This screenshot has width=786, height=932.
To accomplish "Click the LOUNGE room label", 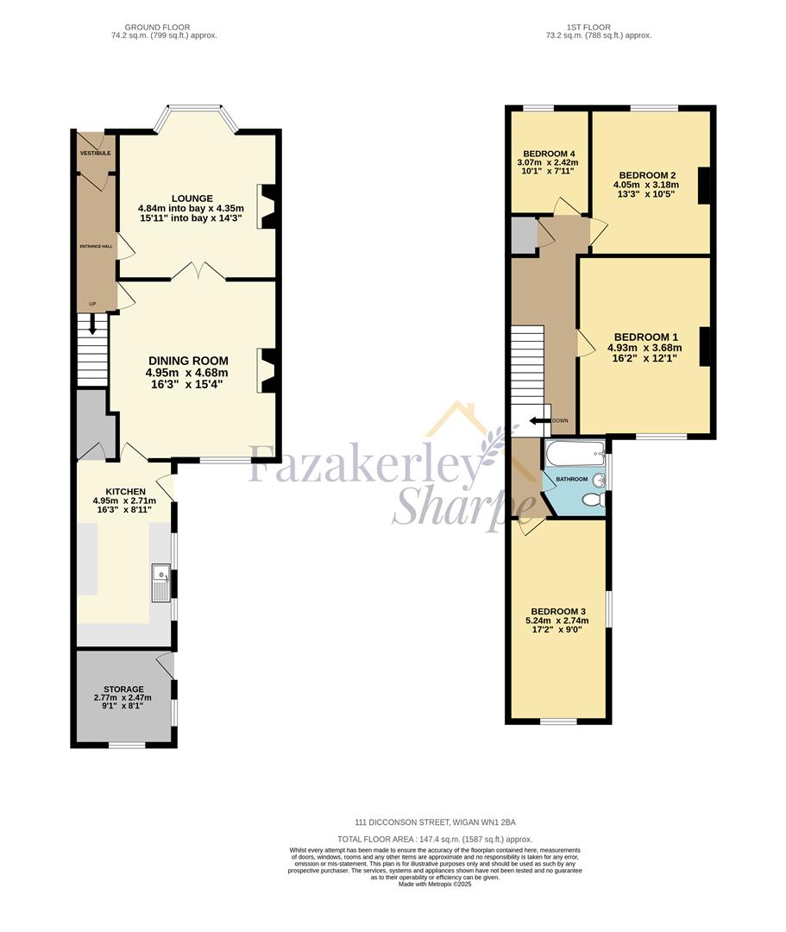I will [x=191, y=198].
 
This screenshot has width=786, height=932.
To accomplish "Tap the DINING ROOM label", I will [x=188, y=361].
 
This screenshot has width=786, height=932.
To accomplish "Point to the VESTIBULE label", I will [x=96, y=153].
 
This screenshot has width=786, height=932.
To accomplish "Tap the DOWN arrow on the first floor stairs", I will [x=539, y=421].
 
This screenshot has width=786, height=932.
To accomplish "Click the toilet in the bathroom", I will [x=593, y=500].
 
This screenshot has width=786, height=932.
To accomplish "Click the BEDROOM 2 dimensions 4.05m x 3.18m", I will [x=645, y=184].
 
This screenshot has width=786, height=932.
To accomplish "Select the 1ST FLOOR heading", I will [x=598, y=28].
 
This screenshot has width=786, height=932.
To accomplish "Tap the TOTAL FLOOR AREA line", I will [x=435, y=839].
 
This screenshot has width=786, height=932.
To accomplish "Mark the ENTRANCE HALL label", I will [x=96, y=247].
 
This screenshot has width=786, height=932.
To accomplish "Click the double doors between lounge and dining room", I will [x=199, y=274].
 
